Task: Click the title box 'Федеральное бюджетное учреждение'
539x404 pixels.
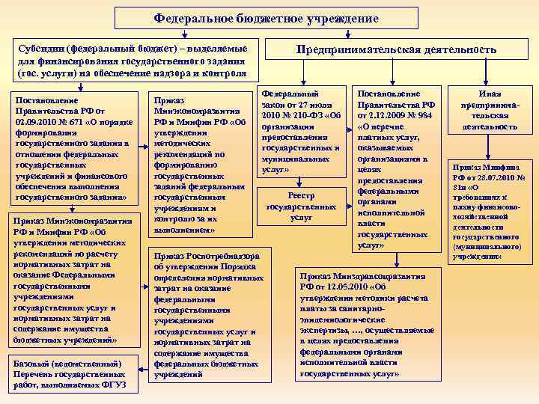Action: coord(267,18)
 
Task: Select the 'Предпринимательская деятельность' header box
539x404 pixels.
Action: coord(396,49)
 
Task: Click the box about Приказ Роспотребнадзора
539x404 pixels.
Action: coord(208,313)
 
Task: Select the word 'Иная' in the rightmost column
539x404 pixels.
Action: coord(490,93)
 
